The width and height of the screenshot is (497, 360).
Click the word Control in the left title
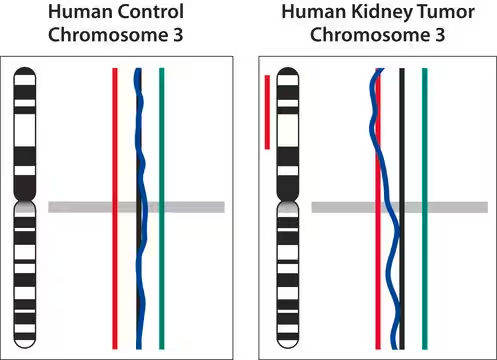[x=147, y=13]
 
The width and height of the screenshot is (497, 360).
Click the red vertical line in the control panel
[x=115, y=150]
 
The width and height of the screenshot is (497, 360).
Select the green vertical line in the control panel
[x=162, y=150]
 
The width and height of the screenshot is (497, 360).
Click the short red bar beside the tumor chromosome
[x=267, y=110]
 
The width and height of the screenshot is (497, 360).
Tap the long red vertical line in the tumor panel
[x=378, y=280]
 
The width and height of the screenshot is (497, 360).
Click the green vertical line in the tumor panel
[x=424, y=150]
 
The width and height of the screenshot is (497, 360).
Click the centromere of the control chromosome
[x=25, y=204]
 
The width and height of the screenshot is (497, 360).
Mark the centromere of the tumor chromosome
[x=289, y=204]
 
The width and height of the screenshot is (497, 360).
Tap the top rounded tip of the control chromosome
[x=25, y=72]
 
